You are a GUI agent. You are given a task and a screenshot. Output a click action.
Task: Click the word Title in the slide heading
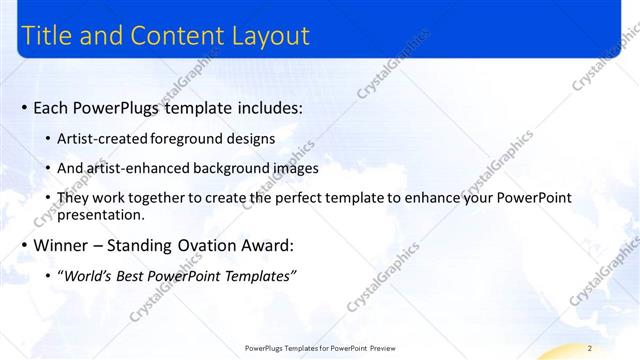45,36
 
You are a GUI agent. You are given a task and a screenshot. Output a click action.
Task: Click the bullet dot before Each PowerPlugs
24,107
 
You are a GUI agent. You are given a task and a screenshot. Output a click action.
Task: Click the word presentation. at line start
101,214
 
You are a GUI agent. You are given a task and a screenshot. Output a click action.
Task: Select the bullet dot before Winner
24,245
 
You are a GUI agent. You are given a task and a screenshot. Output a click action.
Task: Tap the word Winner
63,245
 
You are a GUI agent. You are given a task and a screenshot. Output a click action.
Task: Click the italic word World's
87,275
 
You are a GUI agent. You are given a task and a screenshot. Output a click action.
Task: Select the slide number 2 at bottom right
590,347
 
